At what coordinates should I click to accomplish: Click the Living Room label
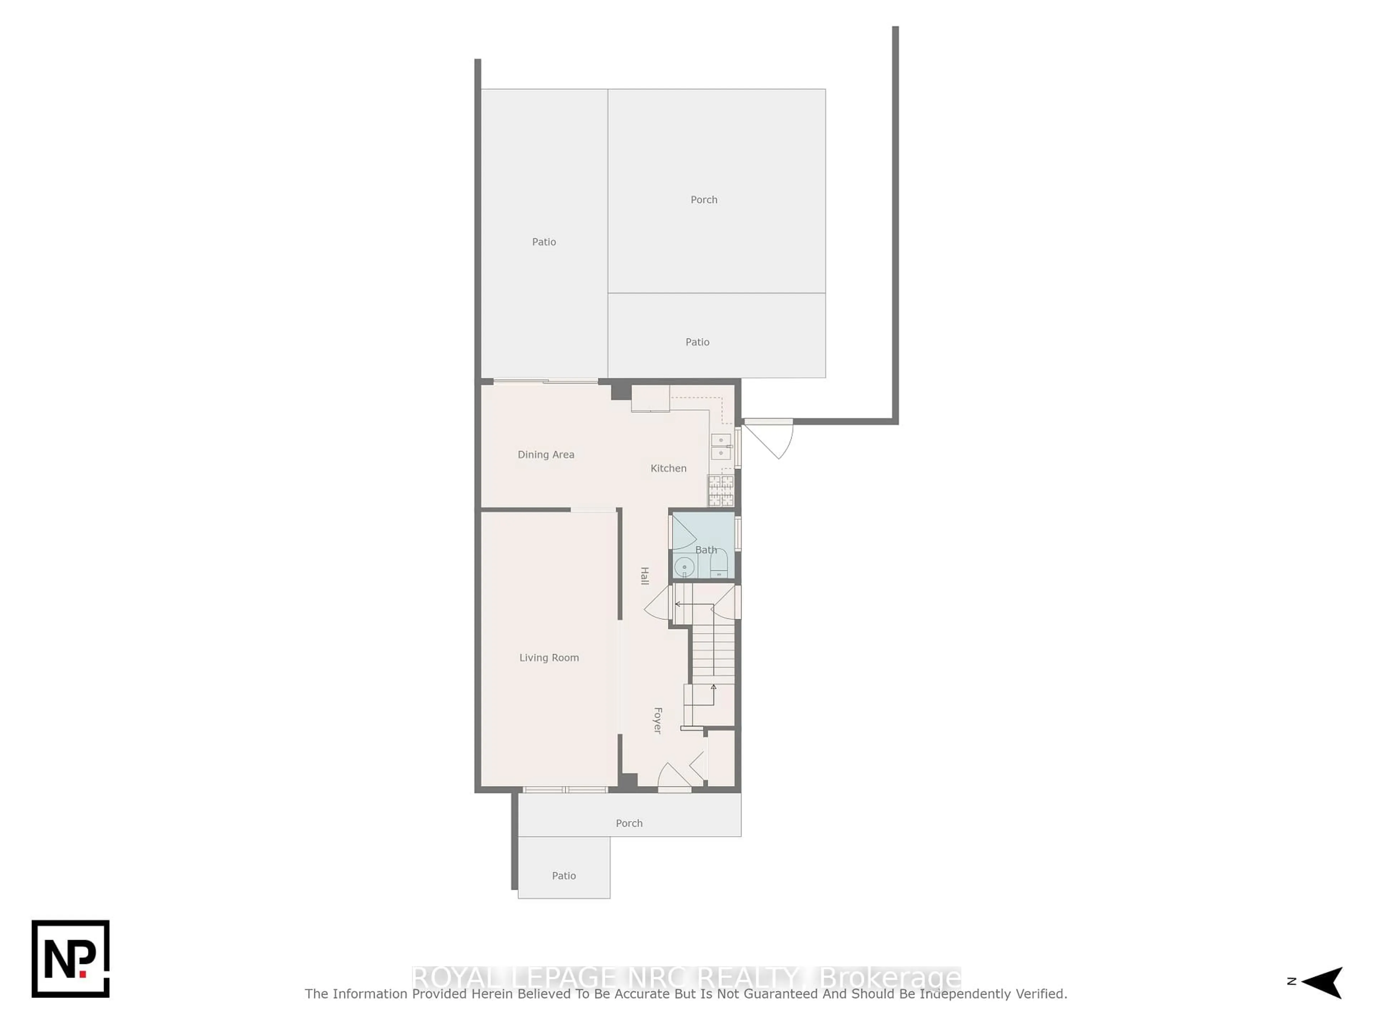click(x=549, y=657)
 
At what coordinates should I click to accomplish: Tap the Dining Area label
click(x=546, y=454)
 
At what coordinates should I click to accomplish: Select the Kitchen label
click(x=668, y=468)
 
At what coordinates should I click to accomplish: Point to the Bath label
click(x=706, y=550)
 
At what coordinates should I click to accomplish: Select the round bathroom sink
click(x=684, y=567)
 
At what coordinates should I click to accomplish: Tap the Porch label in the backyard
click(x=704, y=200)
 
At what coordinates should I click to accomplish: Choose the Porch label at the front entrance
click(x=629, y=823)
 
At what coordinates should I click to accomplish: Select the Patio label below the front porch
click(x=564, y=876)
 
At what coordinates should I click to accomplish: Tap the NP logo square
click(x=71, y=959)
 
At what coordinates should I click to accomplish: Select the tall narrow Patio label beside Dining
click(x=544, y=242)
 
